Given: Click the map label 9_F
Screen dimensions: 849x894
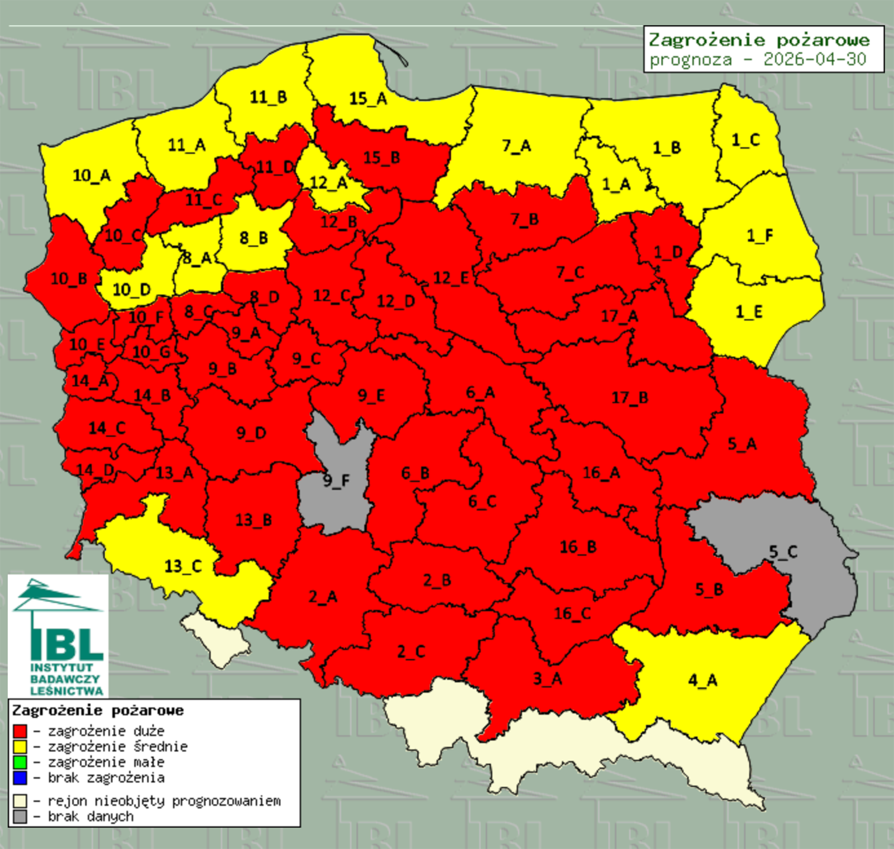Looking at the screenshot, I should (336, 480).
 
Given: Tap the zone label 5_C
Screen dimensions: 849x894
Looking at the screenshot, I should (783, 552).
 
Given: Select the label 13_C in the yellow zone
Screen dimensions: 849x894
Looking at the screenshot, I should (183, 566).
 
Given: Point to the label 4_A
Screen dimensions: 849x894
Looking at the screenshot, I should (703, 680).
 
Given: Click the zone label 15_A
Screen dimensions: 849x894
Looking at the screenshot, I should (368, 99).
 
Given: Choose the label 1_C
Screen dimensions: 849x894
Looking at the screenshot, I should (746, 140).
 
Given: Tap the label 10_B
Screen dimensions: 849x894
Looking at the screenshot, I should (69, 278).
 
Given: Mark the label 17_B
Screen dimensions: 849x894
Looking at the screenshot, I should (630, 397).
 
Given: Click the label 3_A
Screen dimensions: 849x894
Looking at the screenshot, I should (548, 679).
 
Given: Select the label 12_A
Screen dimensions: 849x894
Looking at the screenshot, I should (329, 183).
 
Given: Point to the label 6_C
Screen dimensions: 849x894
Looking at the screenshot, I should (482, 501).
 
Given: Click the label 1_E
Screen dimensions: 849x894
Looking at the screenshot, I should (749, 312).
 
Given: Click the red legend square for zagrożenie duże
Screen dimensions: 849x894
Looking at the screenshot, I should (20, 731).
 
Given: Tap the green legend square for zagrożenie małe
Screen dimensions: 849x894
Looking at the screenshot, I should (20, 762).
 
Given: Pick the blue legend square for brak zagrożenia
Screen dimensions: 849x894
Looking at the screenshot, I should (20, 777).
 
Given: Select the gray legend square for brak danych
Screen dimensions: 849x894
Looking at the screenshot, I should (20, 816).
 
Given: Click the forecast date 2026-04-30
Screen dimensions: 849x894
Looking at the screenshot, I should (814, 60).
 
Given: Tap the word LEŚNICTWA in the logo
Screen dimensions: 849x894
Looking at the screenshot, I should (67, 690).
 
